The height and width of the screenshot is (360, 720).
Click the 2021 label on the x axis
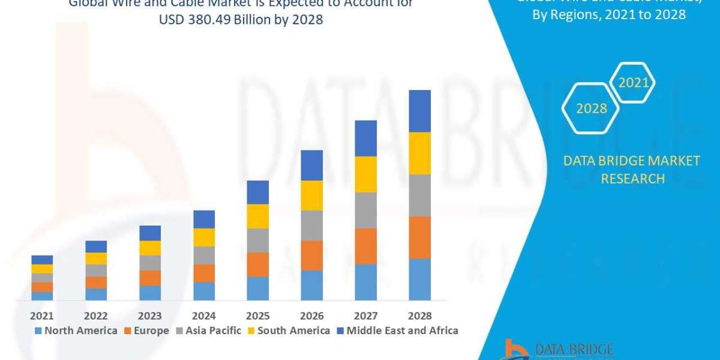tap(42, 316)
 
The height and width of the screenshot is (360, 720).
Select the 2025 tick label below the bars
tap(258, 316)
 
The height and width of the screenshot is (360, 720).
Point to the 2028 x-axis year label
tap(419, 316)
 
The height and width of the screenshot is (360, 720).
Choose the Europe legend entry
tap(146, 331)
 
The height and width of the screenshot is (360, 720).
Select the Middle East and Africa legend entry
tap(398, 331)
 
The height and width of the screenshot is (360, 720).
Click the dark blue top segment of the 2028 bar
tap(419, 111)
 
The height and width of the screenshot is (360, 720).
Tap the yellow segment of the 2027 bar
tap(365, 174)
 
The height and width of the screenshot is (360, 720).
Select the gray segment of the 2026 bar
tap(311, 225)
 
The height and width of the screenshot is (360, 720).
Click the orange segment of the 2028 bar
tap(419, 237)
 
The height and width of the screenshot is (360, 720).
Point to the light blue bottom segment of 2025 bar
tap(258, 288)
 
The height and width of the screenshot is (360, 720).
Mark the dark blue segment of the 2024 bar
tap(204, 219)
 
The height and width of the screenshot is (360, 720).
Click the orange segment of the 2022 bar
tap(96, 282)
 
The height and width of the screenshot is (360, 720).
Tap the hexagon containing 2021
tap(633, 83)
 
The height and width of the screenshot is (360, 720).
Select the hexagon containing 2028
tap(591, 109)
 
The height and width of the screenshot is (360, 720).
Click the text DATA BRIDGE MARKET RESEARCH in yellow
tap(632, 169)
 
